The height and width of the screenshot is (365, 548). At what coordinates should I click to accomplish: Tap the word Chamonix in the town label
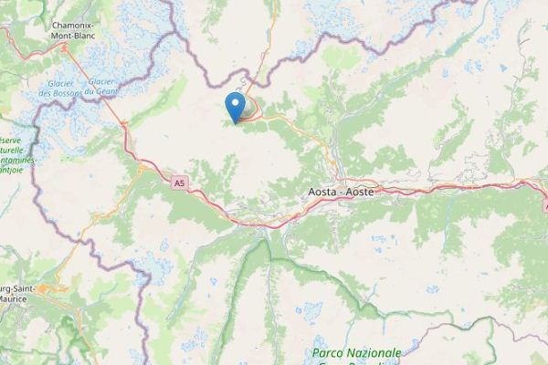coord(51,26)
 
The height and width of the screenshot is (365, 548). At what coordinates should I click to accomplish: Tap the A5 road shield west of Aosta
coord(180,183)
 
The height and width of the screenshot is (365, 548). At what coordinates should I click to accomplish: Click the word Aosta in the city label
coord(319,193)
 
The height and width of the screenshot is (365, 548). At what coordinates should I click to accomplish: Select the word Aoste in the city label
coord(360,193)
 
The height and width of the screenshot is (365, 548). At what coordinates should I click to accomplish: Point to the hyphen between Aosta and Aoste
coord(340,193)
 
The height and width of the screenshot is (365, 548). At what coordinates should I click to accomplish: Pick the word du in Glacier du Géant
coord(91,91)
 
